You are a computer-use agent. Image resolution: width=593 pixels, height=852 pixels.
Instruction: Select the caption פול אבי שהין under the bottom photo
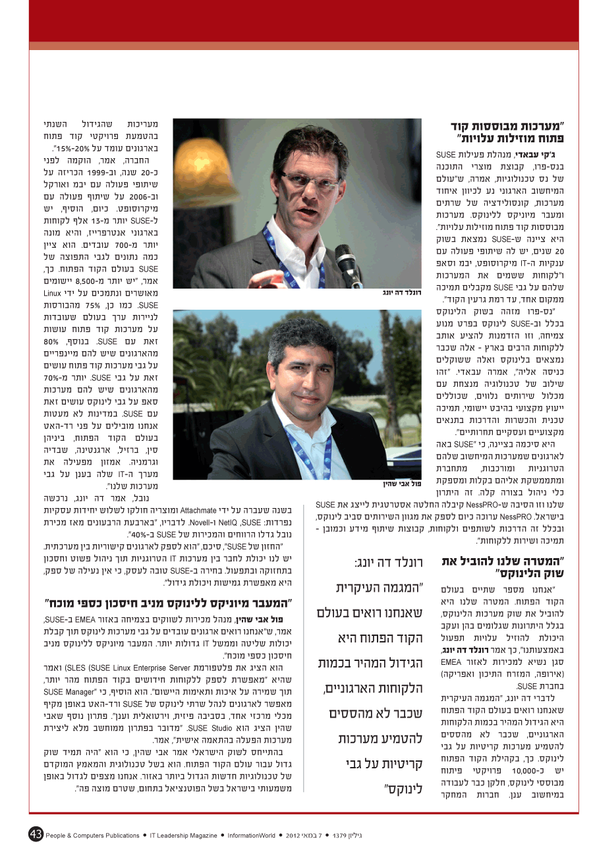click(401, 484)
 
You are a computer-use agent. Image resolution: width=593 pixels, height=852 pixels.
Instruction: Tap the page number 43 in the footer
click(36, 834)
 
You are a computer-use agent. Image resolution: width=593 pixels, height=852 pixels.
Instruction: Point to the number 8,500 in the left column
click(94, 279)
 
